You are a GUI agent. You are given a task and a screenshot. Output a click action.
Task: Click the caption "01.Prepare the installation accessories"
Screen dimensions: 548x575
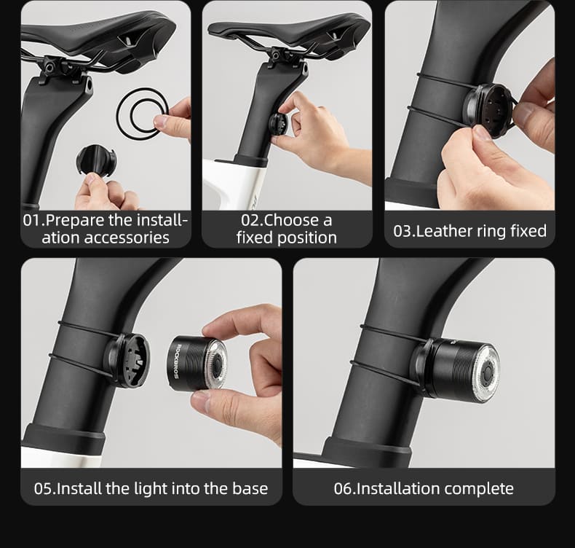pyautogui.click(x=106, y=229)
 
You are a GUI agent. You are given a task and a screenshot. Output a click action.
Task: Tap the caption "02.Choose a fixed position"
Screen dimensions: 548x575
pyautogui.click(x=286, y=229)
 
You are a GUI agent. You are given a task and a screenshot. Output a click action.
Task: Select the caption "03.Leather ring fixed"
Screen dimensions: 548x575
pyautogui.click(x=469, y=231)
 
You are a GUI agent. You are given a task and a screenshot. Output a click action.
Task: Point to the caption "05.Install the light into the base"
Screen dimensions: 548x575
pyautogui.click(x=151, y=488)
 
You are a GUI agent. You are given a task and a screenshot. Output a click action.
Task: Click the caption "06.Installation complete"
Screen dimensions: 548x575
pyautogui.click(x=424, y=488)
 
